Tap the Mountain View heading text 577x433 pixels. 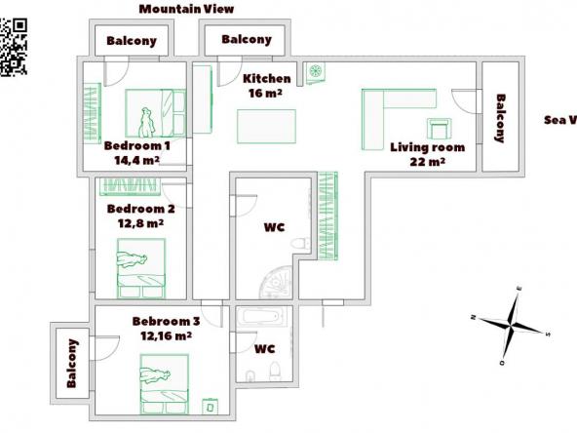click(x=186, y=9)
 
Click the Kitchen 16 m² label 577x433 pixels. click(x=266, y=86)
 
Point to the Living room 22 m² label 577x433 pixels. click(x=428, y=154)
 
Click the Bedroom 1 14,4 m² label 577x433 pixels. click(x=136, y=153)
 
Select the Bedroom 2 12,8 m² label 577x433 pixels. click(x=140, y=215)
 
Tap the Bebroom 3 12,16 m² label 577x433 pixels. click(x=166, y=328)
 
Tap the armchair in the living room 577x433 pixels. click(x=439, y=128)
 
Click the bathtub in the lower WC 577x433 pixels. click(x=263, y=318)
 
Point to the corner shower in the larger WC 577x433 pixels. click(x=277, y=281)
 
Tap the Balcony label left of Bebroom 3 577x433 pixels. click(x=71, y=364)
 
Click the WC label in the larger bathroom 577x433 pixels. click(x=275, y=228)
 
